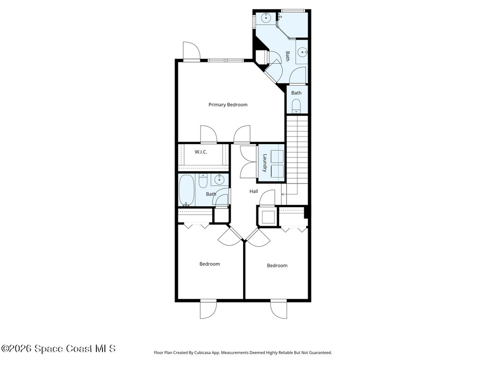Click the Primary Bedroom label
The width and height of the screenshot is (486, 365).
pos(228,105)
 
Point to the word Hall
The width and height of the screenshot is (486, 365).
pos(254,191)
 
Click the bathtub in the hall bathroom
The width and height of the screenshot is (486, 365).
pos(186,190)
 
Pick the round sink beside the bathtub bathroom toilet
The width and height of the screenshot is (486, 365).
pos(219,180)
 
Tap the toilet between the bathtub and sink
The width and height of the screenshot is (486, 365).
pos(203,181)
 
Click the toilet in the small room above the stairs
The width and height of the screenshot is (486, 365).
pos(296,106)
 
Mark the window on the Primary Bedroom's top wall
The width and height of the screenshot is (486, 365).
pos(226,60)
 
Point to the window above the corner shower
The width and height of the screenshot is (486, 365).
pos(292,10)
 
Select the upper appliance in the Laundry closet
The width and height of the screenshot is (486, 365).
pos(277,156)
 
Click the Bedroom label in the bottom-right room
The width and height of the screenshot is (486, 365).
pos(277,266)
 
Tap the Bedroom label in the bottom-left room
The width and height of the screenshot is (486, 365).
pos(209,264)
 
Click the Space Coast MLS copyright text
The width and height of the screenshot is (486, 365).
pos(58,349)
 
